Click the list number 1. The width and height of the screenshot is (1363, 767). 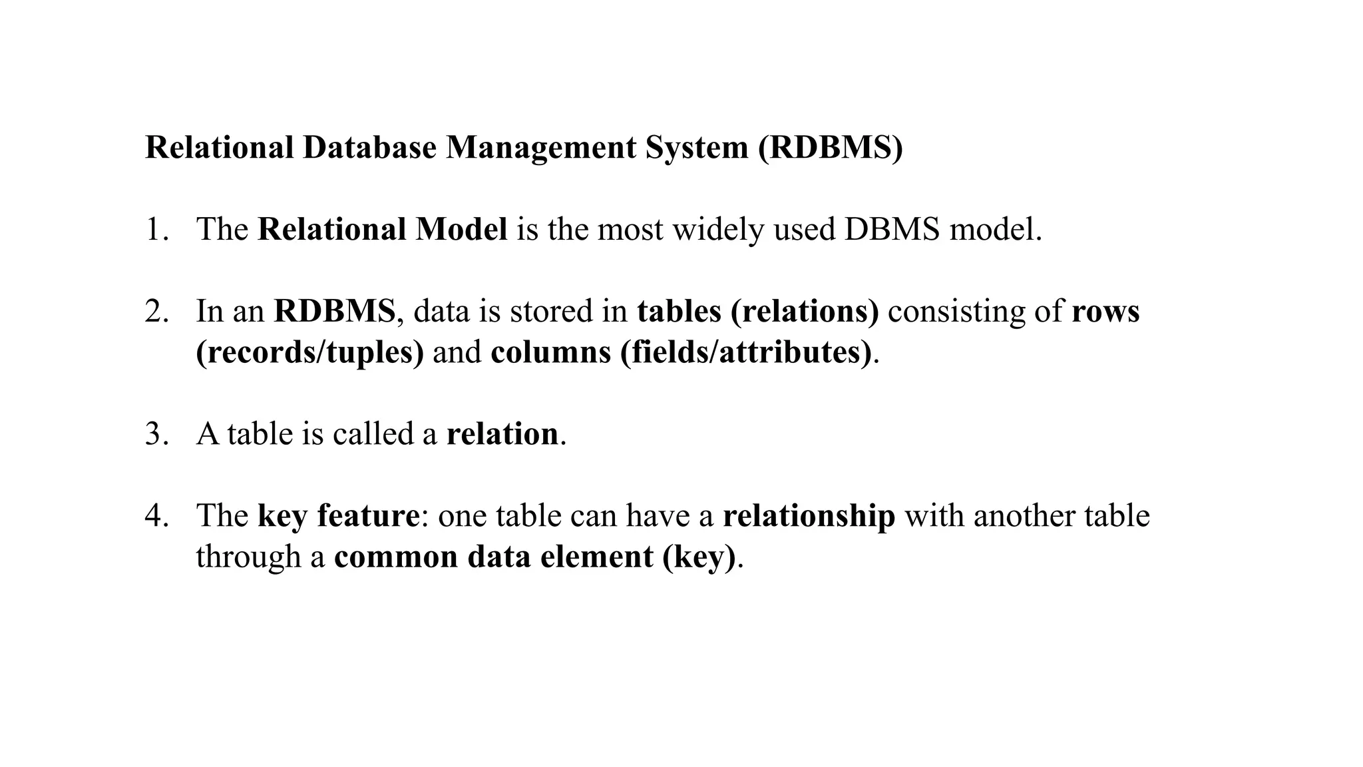click(156, 230)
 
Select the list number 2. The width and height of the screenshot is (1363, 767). click(156, 312)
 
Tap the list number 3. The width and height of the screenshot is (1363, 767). click(156, 434)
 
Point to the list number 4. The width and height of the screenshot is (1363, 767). click(156, 516)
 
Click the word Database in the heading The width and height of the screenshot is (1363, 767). click(369, 147)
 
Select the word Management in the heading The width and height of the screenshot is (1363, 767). click(540, 148)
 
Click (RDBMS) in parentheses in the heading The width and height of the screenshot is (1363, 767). click(831, 148)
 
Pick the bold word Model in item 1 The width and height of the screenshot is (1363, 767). click(461, 230)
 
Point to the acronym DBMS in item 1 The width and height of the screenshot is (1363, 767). click(892, 230)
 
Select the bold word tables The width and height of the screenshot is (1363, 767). click(679, 312)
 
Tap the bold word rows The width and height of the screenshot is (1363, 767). click(1105, 312)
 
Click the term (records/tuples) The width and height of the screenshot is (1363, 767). click(309, 353)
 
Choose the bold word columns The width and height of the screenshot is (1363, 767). click(550, 353)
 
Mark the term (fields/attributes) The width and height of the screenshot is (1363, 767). click(745, 353)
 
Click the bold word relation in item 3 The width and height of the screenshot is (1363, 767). click(502, 434)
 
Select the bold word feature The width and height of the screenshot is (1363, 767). click(368, 516)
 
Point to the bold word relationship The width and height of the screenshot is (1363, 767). click(809, 517)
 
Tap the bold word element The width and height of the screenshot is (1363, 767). click(596, 557)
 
